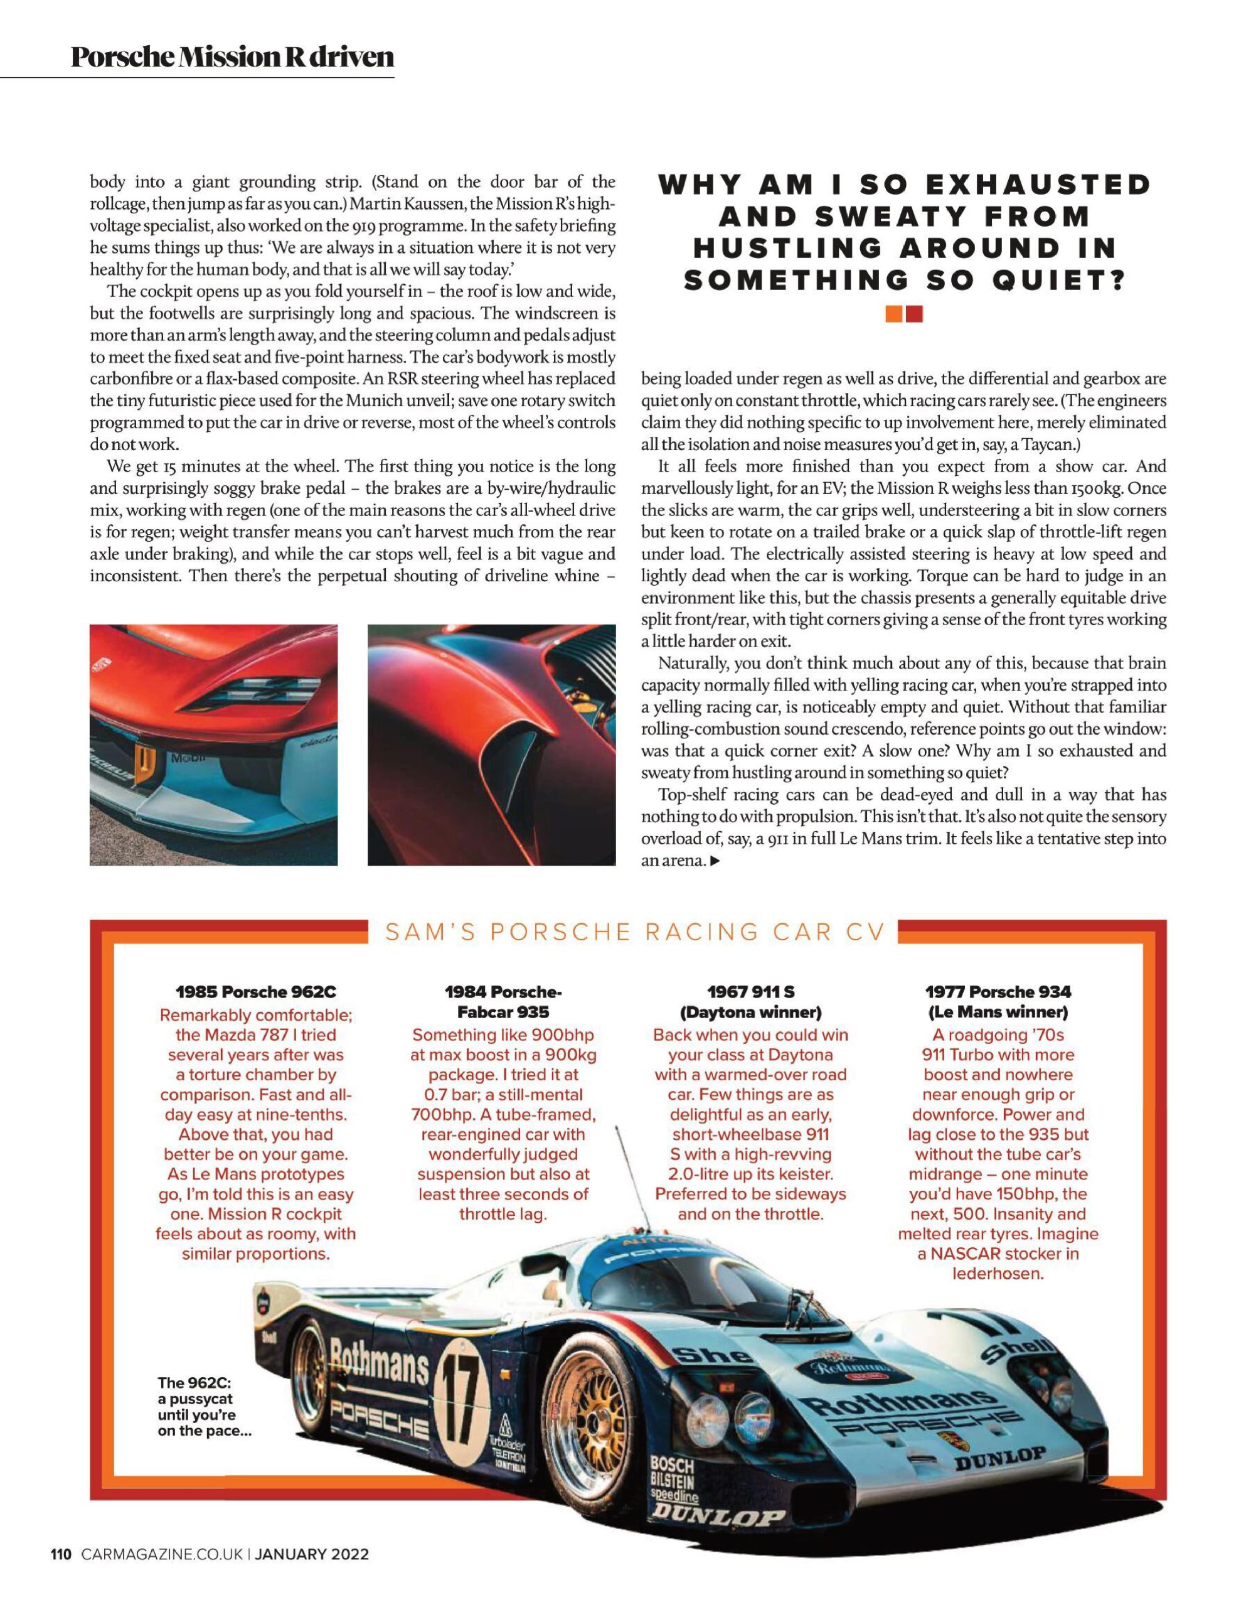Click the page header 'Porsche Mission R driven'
[232, 56]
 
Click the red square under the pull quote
[914, 314]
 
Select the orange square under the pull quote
[894, 314]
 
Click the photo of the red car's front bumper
[213, 744]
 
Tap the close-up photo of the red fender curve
[491, 744]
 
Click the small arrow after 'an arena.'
[714, 860]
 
